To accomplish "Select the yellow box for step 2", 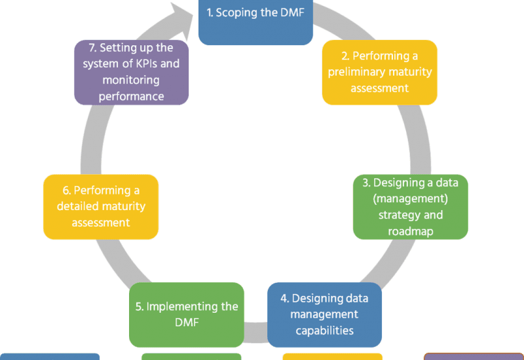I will click(380, 72).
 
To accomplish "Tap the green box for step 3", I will click(411, 207).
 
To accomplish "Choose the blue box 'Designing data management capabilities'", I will click(324, 314).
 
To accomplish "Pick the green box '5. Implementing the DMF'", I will click(186, 314).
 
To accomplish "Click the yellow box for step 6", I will click(101, 207).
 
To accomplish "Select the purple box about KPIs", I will click(132, 72).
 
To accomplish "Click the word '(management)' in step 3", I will click(410, 198).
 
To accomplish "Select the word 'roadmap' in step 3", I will click(411, 230).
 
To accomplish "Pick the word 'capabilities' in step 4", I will click(324, 331).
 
